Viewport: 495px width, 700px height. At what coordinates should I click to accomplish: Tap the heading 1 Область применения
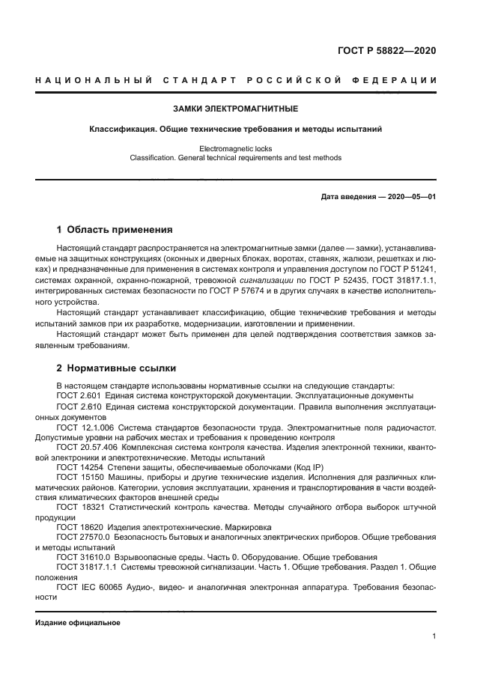point(115,229)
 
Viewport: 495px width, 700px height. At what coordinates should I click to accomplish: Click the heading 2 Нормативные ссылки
point(117,368)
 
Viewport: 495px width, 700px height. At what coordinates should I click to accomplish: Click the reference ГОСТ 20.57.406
point(85,446)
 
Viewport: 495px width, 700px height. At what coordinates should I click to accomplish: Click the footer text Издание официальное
point(78,623)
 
